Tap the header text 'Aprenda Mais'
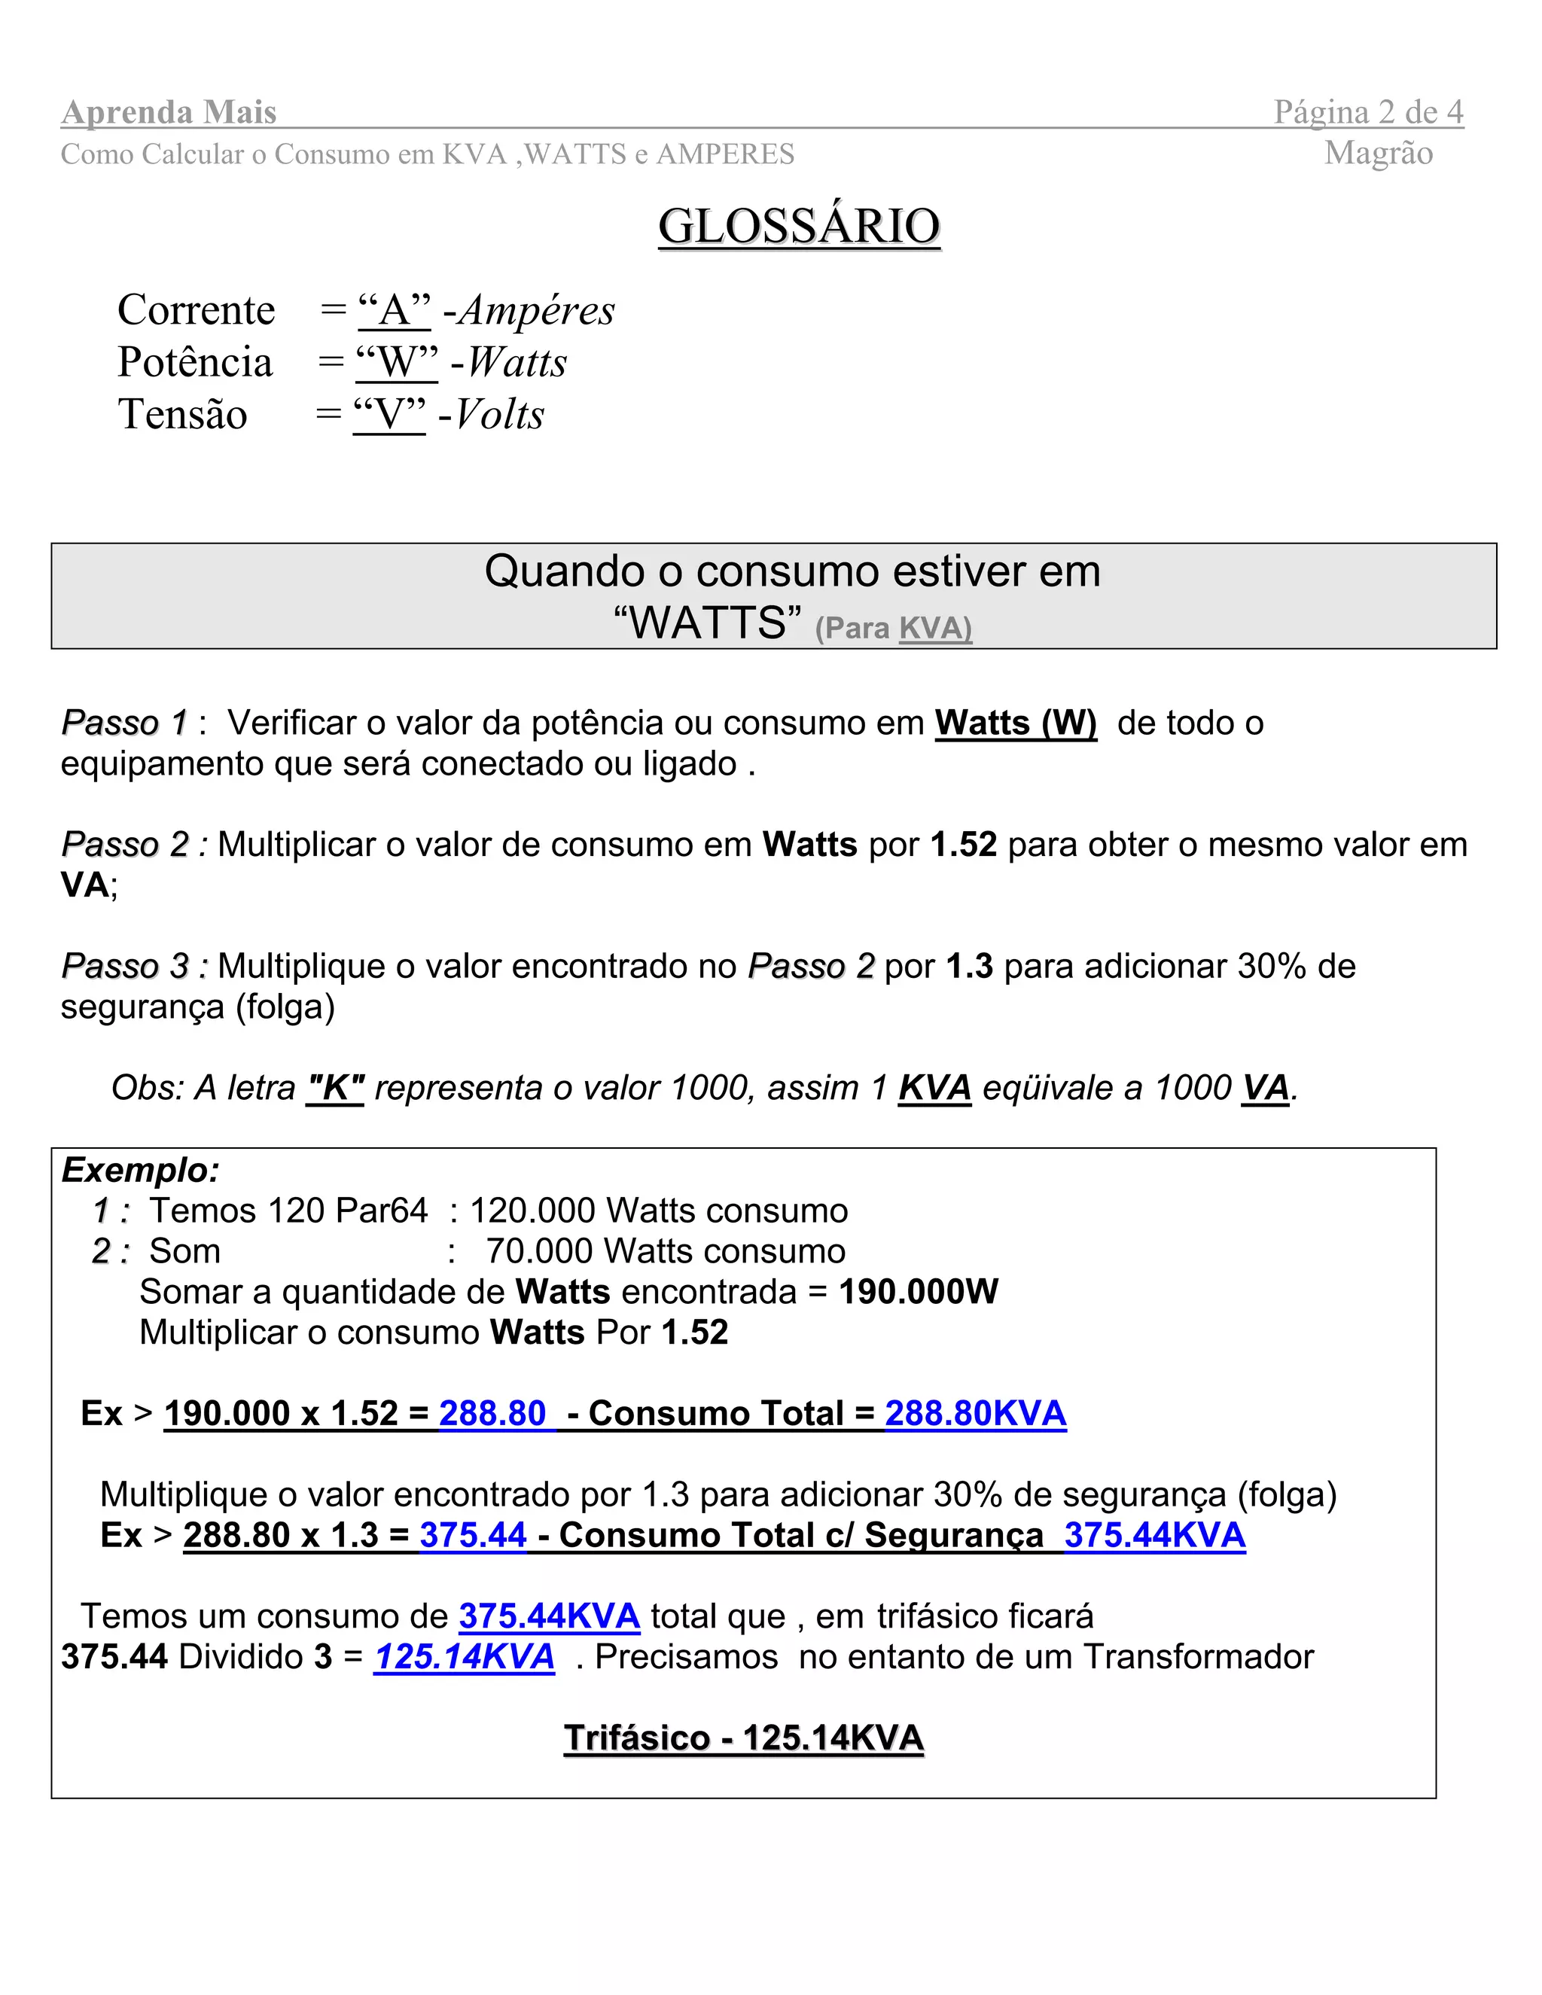(x=169, y=112)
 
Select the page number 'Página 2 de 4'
(x=1368, y=112)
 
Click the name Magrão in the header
(x=1378, y=153)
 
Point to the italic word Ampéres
(x=537, y=311)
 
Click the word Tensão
(x=183, y=415)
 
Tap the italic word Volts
(x=500, y=415)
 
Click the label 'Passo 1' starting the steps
(x=124, y=723)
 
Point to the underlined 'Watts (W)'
(x=1015, y=723)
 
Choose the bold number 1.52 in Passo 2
(x=963, y=844)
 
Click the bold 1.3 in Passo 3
(x=969, y=966)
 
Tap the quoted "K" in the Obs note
(x=335, y=1088)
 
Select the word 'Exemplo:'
(x=141, y=1170)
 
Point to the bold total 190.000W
(x=918, y=1292)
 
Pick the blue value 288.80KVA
(x=975, y=1413)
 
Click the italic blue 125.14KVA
(x=464, y=1656)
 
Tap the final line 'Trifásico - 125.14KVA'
(x=744, y=1738)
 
